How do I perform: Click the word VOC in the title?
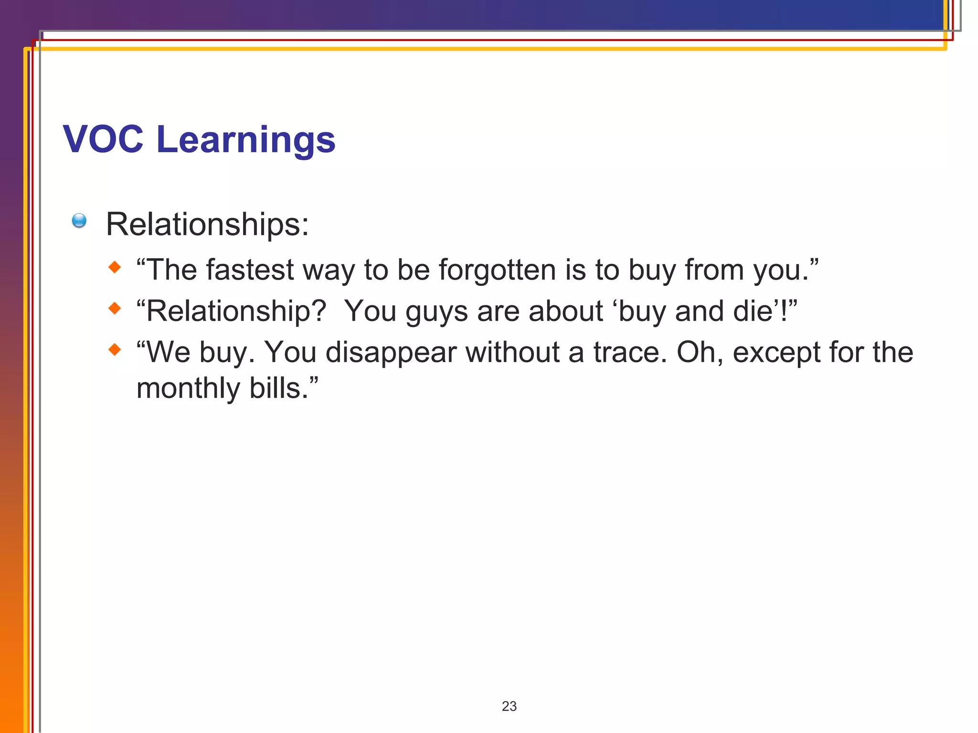[x=103, y=139]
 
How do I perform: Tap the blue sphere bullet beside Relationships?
[x=79, y=220]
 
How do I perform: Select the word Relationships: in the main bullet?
[x=207, y=224]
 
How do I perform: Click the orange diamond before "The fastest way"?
[x=115, y=267]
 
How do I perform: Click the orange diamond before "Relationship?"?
[x=115, y=308]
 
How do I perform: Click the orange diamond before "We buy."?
[x=115, y=350]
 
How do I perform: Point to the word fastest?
[x=250, y=270]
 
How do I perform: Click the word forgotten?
[x=497, y=270]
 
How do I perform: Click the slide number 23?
[x=509, y=706]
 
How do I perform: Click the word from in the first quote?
[x=714, y=270]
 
